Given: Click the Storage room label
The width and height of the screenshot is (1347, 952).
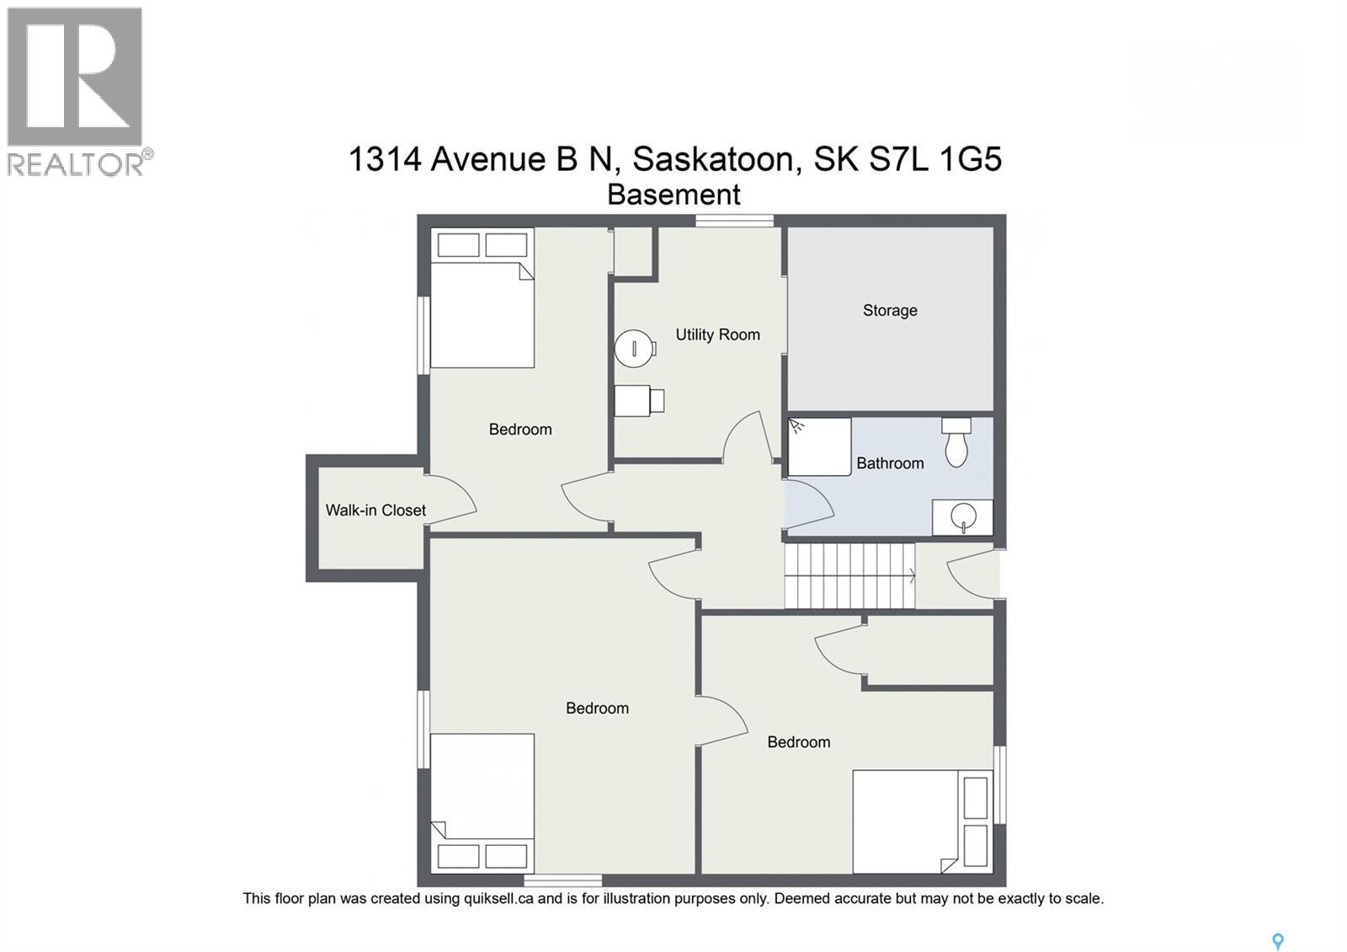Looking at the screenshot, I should click(x=890, y=310).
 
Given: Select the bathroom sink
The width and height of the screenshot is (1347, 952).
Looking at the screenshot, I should click(x=962, y=516).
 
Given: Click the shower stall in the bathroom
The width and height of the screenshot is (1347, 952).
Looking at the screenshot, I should click(x=819, y=447).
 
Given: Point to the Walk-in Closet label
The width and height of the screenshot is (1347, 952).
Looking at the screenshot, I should click(x=375, y=510).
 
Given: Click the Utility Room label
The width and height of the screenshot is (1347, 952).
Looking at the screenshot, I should click(x=717, y=334).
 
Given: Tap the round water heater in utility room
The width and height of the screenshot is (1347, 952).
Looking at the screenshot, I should click(x=633, y=348).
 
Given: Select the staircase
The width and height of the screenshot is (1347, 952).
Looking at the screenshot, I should click(x=849, y=575).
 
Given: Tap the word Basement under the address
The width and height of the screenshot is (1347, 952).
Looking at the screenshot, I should click(x=673, y=195).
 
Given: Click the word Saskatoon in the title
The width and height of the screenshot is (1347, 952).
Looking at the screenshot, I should click(x=712, y=158).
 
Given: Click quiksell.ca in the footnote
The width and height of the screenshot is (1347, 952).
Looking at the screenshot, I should click(x=498, y=899).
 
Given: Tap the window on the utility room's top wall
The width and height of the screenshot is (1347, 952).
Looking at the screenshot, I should click(x=734, y=221).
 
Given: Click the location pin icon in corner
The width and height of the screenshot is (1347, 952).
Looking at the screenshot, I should click(x=1277, y=941).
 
